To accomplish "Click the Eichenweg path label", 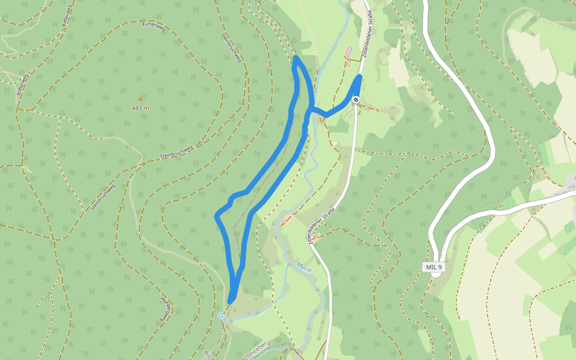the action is click(153, 25).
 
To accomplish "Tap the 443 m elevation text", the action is click(140, 108).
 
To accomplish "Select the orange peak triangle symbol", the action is click(140, 98).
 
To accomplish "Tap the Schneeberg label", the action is click(256, 348).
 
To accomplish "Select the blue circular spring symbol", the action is click(221, 316).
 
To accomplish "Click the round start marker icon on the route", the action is click(356, 99).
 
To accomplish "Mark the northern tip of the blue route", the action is click(296, 58).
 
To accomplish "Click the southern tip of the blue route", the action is click(231, 300).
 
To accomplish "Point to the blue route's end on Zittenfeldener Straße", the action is click(360, 77).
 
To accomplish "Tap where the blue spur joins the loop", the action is click(310, 110).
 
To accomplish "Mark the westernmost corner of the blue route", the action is click(217, 214).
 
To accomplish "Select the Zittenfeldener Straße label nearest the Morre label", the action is click(320, 222).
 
